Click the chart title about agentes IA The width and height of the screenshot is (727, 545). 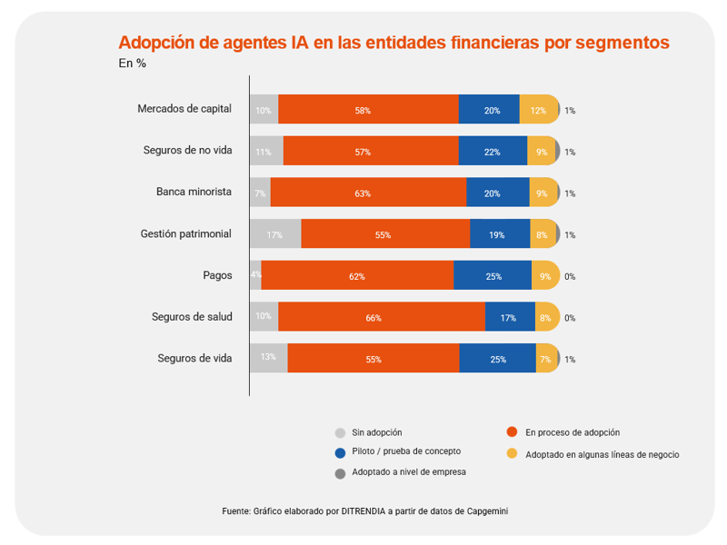(393, 43)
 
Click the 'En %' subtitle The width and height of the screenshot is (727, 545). (132, 64)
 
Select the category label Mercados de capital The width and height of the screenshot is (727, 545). (184, 109)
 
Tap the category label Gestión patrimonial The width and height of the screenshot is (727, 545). (186, 233)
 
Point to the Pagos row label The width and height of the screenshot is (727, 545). (217, 275)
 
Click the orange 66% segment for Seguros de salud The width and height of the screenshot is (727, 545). (382, 317)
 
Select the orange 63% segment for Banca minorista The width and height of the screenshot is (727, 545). (368, 193)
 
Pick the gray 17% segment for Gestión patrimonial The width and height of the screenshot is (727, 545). (274, 234)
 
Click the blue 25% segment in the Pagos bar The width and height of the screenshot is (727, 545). (493, 276)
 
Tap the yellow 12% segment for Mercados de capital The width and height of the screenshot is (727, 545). (538, 110)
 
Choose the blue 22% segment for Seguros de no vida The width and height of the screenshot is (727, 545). (493, 152)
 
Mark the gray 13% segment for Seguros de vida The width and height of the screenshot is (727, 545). (268, 358)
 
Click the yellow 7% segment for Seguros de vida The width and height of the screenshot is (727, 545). (545, 359)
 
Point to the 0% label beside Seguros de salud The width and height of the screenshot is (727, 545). (570, 318)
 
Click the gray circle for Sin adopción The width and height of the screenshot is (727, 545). (341, 433)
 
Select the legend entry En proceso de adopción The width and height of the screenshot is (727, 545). (573, 432)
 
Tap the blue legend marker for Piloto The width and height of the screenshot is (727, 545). (341, 452)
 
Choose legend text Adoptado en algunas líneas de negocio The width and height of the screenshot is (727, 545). (602, 453)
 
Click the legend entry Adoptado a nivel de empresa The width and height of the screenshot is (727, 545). (409, 472)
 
